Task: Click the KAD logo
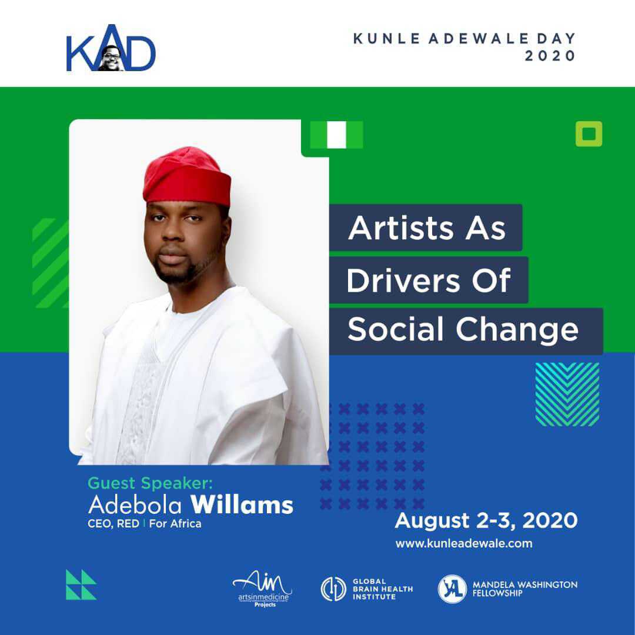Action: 111,49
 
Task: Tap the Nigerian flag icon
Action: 336,135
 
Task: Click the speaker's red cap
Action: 187,176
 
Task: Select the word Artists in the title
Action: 401,228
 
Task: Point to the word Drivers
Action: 403,280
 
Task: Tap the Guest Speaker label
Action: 150,483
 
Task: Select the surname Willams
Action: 242,505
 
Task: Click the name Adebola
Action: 135,506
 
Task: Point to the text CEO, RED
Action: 113,524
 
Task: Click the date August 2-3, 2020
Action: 486,520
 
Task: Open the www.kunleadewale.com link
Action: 464,543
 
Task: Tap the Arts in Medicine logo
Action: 263,589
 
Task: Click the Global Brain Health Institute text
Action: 383,589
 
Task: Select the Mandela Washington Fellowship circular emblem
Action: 452,589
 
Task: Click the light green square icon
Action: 589,133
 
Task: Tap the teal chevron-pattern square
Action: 567,395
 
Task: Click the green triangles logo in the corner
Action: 81,584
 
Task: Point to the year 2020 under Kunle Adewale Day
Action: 550,56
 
